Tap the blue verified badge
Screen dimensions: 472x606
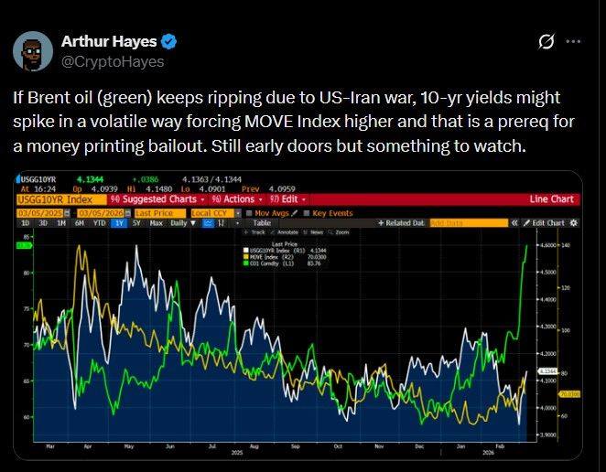click(169, 41)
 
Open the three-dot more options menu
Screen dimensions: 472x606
click(573, 42)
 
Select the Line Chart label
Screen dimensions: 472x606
click(551, 198)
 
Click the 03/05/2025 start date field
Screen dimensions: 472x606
click(40, 211)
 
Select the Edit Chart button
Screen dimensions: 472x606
click(546, 222)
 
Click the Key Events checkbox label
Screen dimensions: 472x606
click(332, 211)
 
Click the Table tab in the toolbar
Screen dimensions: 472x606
click(261, 222)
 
